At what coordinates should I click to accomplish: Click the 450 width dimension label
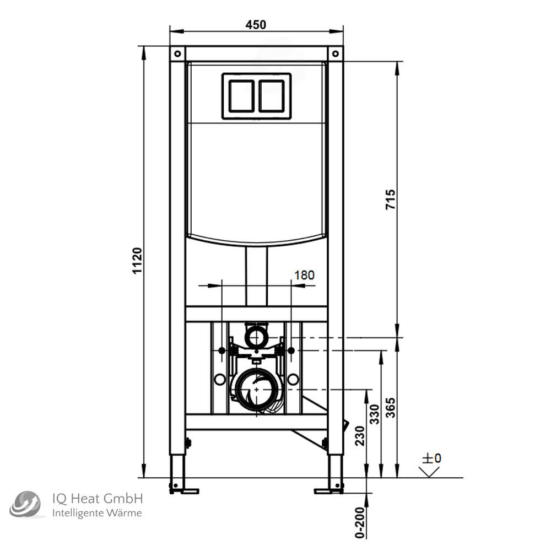click(256, 24)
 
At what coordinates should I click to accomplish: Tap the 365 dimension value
click(390, 408)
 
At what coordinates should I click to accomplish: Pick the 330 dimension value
click(374, 415)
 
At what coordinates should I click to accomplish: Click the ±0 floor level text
click(432, 458)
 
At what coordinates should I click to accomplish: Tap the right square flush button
click(272, 96)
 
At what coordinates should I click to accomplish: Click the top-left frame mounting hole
click(177, 53)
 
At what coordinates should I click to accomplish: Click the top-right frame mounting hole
click(335, 53)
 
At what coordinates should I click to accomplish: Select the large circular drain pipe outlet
click(256, 389)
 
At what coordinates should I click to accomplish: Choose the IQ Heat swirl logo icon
click(25, 505)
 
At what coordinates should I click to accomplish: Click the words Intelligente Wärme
click(96, 514)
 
